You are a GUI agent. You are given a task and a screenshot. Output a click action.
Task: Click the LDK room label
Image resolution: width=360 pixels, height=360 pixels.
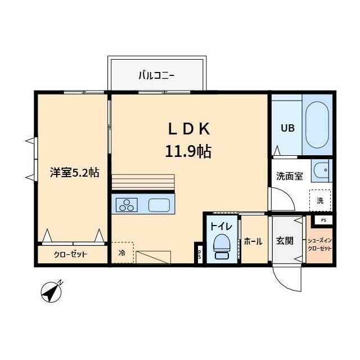tap(188, 129)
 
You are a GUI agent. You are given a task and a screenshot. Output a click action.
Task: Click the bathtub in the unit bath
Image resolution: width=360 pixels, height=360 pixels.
tap(317, 124)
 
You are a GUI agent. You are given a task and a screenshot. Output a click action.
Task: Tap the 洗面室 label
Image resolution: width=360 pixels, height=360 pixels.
tap(289, 175)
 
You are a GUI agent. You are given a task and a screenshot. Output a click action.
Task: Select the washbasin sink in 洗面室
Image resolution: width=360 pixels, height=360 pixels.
tap(322, 170)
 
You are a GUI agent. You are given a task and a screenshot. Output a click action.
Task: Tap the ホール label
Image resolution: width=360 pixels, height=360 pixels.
tap(253, 241)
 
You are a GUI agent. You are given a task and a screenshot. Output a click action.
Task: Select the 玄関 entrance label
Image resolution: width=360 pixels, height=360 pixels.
tap(285, 241)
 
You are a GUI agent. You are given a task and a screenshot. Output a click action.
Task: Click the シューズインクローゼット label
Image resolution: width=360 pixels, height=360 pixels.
tap(319, 244)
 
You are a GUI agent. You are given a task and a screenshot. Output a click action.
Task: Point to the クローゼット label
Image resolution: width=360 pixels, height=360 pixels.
tap(71, 254)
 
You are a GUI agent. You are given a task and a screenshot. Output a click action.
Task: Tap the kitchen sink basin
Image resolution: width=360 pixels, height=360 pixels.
tap(161, 205)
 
